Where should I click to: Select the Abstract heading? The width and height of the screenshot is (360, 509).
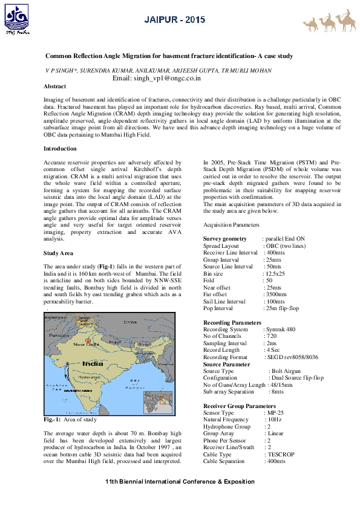tap(56, 86)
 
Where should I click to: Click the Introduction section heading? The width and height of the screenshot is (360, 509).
tap(61, 148)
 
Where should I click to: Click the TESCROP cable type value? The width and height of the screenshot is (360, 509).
tap(280, 454)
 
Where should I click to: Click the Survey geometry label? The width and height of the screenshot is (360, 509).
tap(225, 239)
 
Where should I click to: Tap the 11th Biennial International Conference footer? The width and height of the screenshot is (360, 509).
tap(180, 481)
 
